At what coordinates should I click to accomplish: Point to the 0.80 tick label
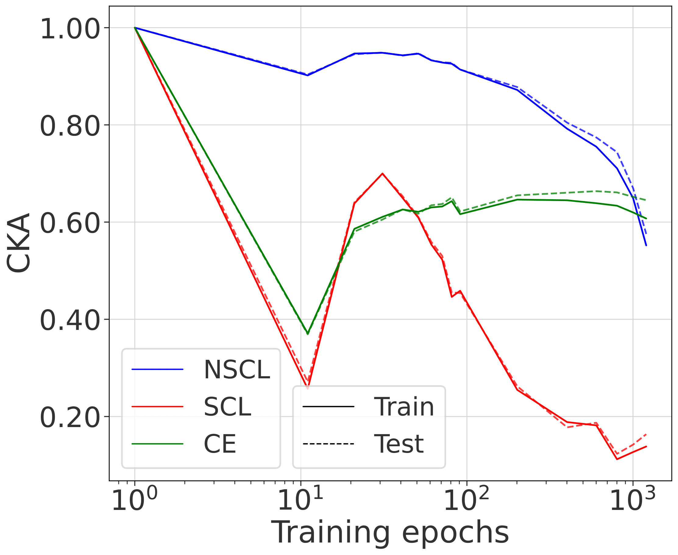[x=70, y=127]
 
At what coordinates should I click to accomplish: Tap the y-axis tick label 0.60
[x=70, y=224]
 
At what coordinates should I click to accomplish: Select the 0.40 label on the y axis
[x=70, y=321]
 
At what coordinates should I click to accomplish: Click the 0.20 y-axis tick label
[x=70, y=418]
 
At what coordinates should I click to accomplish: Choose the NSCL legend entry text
[x=237, y=370]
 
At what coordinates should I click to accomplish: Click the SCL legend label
[x=227, y=407]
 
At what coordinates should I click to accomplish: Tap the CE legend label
[x=220, y=444]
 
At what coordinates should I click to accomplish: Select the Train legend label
[x=404, y=407]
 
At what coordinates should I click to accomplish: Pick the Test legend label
[x=399, y=444]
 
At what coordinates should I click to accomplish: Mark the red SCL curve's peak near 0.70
[x=382, y=174]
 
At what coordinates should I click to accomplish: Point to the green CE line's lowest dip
[x=308, y=334]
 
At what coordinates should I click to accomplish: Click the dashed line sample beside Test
[x=328, y=444]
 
